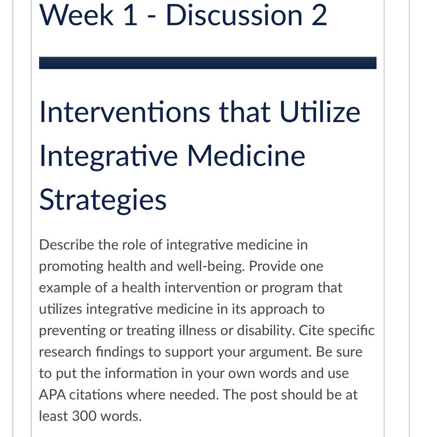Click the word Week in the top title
click(x=77, y=15)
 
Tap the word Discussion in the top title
click(x=234, y=15)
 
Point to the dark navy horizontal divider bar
click(x=208, y=63)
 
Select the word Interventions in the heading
click(x=125, y=112)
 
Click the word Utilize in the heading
click(x=320, y=112)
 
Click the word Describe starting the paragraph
click(x=67, y=245)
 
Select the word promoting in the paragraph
click(x=71, y=267)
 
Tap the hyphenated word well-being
click(x=211, y=266)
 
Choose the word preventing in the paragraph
click(x=72, y=331)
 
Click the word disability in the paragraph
click(x=266, y=331)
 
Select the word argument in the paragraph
click(x=280, y=352)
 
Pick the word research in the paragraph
click(x=65, y=352)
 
